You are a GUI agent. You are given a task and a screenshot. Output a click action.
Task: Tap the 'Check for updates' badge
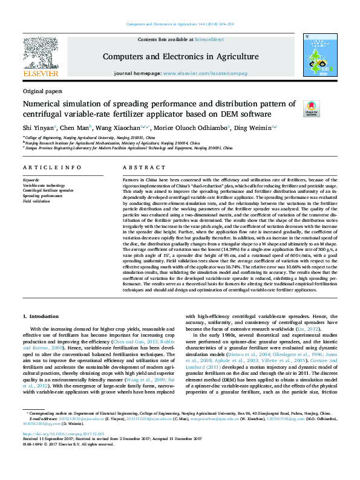point(311,108)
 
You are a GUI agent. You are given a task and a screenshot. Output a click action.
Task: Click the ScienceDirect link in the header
point(211,39)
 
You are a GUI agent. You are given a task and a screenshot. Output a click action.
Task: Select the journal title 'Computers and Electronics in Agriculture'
point(180,57)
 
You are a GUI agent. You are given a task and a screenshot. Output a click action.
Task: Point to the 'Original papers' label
point(42,91)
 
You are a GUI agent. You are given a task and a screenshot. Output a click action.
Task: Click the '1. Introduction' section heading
point(41,315)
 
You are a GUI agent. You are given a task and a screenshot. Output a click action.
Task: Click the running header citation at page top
point(180,24)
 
